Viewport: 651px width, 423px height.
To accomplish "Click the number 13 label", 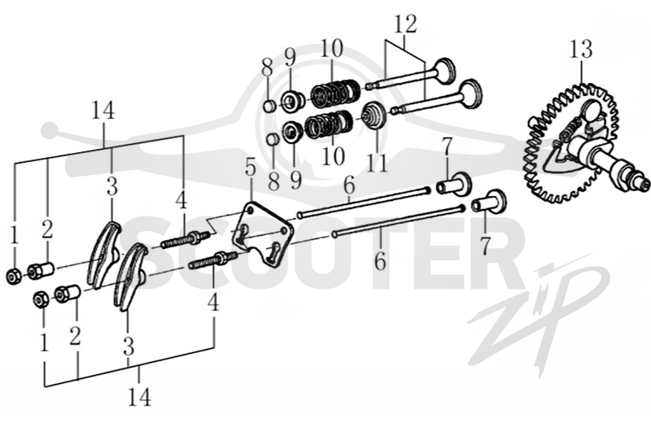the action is (581, 49).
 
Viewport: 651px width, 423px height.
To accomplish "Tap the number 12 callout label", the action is (404, 24).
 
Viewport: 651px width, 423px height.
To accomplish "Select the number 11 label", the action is (377, 164).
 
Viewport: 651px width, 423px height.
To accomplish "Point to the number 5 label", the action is (251, 168).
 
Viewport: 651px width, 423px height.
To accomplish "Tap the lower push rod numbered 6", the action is (398, 220).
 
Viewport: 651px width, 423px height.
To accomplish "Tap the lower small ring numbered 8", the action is (272, 139).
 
